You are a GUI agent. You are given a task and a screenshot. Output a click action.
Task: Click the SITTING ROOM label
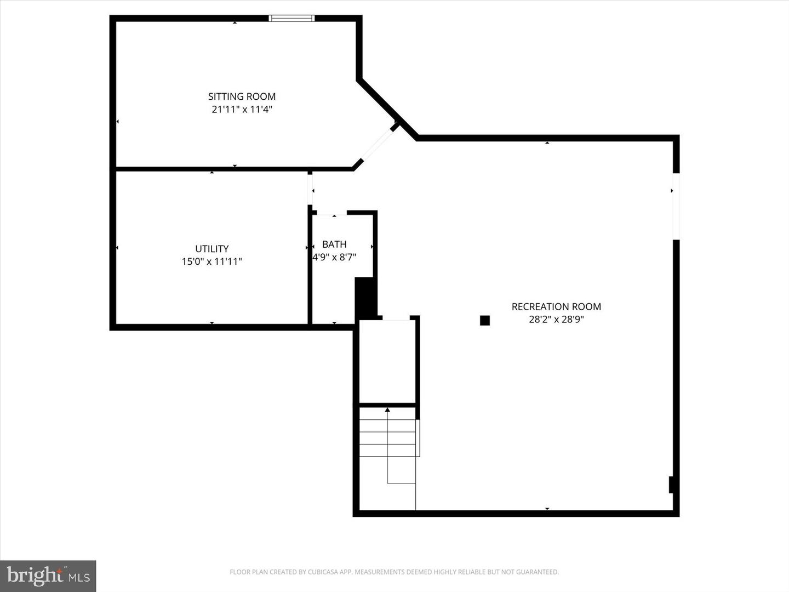[242, 96]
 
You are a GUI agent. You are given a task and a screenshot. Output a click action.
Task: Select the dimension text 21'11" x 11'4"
[242, 110]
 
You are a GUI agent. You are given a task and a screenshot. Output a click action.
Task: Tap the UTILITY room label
[211, 249]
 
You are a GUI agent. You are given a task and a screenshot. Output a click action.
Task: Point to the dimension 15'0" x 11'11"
[211, 261]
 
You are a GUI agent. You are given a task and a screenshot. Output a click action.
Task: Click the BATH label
[334, 244]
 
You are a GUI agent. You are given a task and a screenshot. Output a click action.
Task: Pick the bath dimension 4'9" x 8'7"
[334, 257]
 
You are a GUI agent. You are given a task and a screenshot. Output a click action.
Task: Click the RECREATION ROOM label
[556, 307]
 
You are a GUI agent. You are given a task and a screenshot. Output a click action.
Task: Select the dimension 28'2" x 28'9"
[556, 320]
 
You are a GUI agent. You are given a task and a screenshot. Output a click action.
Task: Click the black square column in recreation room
[484, 321]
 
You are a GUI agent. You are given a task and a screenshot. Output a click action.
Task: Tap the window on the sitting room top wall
[291, 18]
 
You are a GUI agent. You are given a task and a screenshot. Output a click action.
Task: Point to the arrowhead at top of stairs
[387, 409]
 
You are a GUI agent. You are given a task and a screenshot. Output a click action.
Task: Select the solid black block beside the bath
[365, 298]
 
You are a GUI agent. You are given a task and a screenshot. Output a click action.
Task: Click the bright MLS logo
[48, 576]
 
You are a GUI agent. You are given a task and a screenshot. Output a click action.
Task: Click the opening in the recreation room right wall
[676, 206]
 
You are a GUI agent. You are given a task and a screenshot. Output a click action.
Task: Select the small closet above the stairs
[387, 362]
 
